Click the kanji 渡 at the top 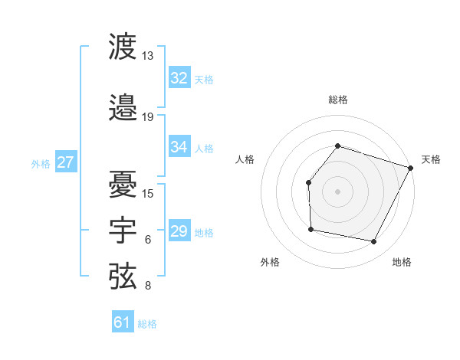pos(123,47)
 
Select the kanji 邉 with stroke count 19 pos(123,109)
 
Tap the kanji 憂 pos(123,184)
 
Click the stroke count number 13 pos(148,56)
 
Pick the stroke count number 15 pos(148,193)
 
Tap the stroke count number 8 pos(148,286)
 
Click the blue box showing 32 pos(179,78)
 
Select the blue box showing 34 pos(179,147)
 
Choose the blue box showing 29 pos(179,231)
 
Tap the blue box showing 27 pos(65,162)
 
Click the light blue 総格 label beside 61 pos(147,324)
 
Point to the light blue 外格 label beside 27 pos(41,163)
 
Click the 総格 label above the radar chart pos(337,100)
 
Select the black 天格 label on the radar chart pos(431,159)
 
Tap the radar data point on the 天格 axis pos(410,168)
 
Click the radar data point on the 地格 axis pos(373,241)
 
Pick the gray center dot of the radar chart pos(337,191)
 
